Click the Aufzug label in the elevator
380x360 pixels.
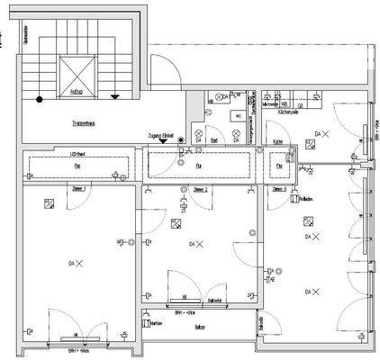pyautogui.click(x=77, y=92)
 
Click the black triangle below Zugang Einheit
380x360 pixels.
pyautogui.click(x=162, y=140)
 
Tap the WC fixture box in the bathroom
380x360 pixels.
pyautogui.click(x=237, y=116)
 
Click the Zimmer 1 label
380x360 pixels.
pyautogui.click(x=79, y=190)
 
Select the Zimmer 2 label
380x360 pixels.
pyautogui.click(x=201, y=190)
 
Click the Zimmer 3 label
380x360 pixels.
pyautogui.click(x=279, y=190)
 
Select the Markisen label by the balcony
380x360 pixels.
pyautogui.click(x=155, y=321)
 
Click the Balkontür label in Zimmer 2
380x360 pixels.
pyautogui.click(x=214, y=299)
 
